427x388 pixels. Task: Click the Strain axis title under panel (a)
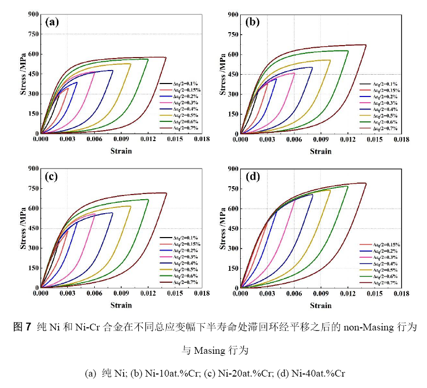click(x=121, y=151)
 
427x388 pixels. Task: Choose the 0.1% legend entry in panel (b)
click(x=385, y=84)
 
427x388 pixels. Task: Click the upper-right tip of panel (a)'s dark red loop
click(x=166, y=58)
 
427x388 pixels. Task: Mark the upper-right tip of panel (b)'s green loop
click(x=348, y=51)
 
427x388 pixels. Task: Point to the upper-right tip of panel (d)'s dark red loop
click(x=366, y=183)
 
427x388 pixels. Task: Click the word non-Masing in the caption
click(x=365, y=328)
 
